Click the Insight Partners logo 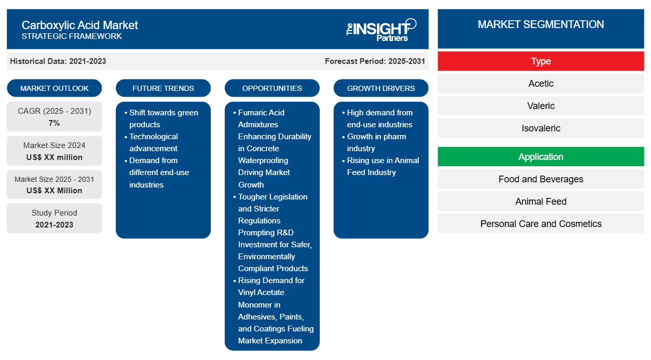[x=381, y=30]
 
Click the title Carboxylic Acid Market [x=79, y=25]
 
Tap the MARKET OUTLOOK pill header [x=55, y=88]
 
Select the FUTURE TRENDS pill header [x=163, y=88]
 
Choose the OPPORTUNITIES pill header [x=272, y=88]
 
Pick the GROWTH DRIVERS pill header [x=381, y=88]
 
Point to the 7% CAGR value [x=55, y=123]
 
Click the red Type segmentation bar [x=541, y=61]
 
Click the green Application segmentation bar [x=541, y=157]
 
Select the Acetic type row [x=541, y=84]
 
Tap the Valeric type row [x=541, y=106]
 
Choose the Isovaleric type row [x=541, y=128]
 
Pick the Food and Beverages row [x=541, y=179]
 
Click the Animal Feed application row [x=541, y=202]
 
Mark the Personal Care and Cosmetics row [x=541, y=223]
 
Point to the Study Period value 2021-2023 [x=55, y=225]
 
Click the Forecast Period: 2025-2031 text [x=375, y=61]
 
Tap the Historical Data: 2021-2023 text [x=58, y=61]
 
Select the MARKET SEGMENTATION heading [x=541, y=24]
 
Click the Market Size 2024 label [x=55, y=145]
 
